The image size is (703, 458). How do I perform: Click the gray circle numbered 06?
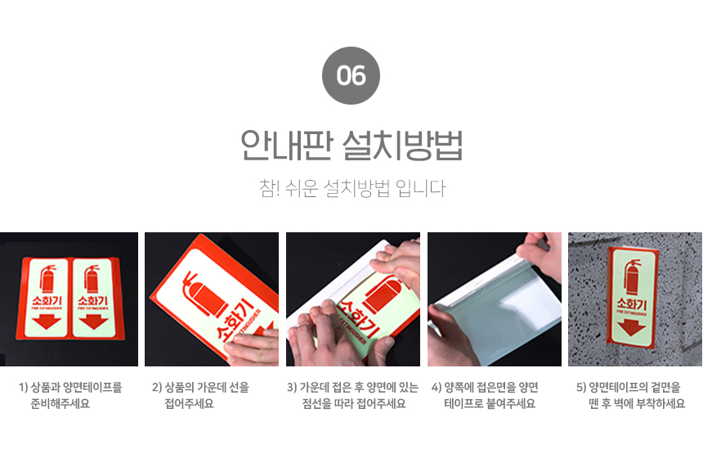tap(351, 75)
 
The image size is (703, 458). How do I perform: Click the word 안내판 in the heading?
tap(287, 145)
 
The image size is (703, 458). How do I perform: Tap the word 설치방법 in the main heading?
tap(403, 145)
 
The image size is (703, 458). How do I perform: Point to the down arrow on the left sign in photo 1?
tap(47, 321)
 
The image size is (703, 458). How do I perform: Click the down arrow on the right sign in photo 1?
tap(94, 321)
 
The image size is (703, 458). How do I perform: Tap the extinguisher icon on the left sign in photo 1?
tap(48, 279)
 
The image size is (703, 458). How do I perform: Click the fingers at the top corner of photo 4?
tap(540, 254)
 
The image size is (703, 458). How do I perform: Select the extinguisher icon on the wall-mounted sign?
tap(633, 277)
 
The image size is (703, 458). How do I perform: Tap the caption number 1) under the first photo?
tap(24, 387)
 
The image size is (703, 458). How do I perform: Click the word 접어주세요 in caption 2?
tap(189, 403)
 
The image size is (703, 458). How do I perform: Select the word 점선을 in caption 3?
tap(316, 403)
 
